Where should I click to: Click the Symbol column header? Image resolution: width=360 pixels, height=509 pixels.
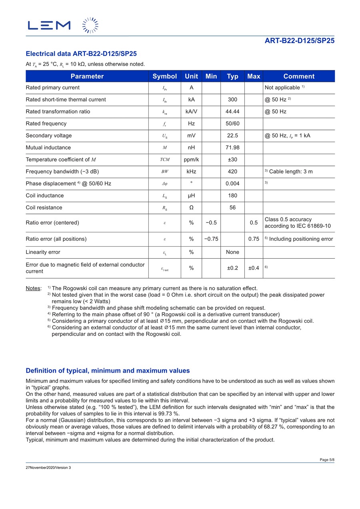(x=164, y=76)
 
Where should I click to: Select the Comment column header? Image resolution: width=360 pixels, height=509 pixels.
(x=299, y=76)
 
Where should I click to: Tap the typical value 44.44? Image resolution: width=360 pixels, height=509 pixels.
(x=232, y=112)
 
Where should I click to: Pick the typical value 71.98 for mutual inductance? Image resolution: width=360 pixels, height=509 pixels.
(x=232, y=148)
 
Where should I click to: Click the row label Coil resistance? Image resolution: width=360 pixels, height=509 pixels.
(x=44, y=208)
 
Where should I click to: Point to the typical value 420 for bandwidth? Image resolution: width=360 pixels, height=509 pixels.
(x=232, y=172)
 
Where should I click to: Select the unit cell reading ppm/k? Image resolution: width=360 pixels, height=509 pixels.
(x=191, y=160)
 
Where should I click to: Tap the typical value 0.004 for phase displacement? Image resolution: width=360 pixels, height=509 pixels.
(x=232, y=184)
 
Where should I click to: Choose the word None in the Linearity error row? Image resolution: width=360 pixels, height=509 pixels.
(x=232, y=252)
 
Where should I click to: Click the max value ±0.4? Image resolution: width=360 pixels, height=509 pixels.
(x=254, y=268)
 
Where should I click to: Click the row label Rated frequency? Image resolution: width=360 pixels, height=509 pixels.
(x=46, y=124)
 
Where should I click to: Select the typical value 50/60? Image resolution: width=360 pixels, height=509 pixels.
(x=232, y=124)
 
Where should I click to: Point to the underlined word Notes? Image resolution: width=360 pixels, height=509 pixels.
(x=34, y=288)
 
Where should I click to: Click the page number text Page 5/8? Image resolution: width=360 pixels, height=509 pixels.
(x=327, y=460)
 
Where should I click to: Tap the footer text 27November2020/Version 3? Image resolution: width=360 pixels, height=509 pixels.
(x=48, y=467)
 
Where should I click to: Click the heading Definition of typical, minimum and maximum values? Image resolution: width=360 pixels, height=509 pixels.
(x=108, y=371)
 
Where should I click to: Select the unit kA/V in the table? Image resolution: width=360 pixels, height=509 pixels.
(x=191, y=112)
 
